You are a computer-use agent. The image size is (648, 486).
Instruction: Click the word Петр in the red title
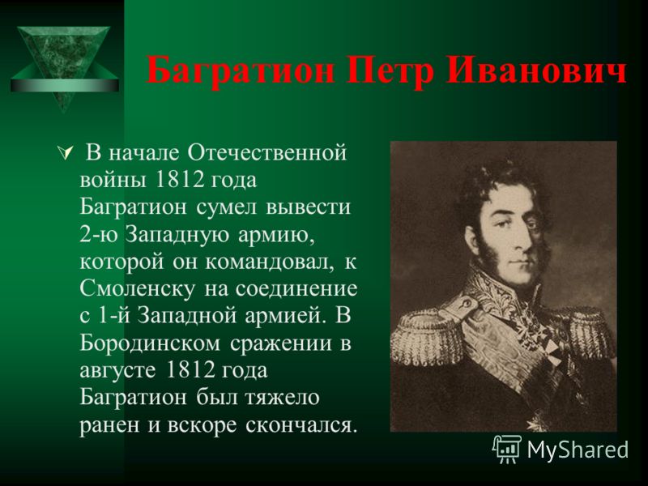(x=390, y=70)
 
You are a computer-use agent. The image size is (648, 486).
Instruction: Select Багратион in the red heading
(x=240, y=71)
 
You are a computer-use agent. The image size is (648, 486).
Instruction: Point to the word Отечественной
(x=267, y=152)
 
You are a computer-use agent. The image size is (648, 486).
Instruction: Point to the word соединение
(x=296, y=289)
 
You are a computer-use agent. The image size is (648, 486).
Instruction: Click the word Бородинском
(x=150, y=343)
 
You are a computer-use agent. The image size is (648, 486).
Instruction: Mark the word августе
(x=117, y=371)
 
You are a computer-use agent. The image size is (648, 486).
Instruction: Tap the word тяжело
(x=282, y=398)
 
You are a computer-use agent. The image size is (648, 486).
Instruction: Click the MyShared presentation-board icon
(x=507, y=450)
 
